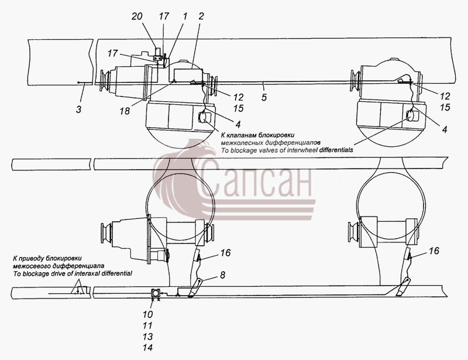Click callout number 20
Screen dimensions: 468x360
137,16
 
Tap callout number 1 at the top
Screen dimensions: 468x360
185,16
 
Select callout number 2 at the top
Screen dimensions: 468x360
201,16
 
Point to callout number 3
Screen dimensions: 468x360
78,109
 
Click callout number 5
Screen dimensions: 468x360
264,97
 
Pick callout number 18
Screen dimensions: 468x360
125,111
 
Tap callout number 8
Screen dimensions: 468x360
223,275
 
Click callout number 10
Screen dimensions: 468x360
148,314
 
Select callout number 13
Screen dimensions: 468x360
148,337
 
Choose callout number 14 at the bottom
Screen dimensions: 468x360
148,348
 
